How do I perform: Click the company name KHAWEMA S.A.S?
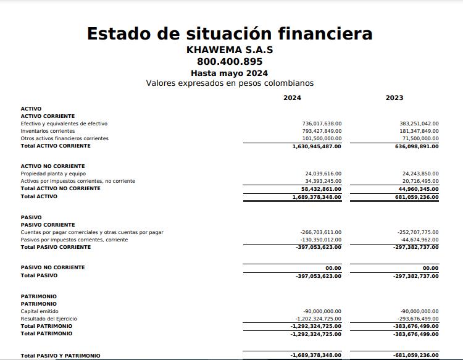[230, 50]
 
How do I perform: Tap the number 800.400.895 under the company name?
[230, 62]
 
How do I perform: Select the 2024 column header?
[292, 98]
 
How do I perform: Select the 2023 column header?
[394, 98]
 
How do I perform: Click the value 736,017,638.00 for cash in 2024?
[322, 123]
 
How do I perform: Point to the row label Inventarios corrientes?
[48, 131]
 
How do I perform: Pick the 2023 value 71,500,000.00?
[419, 138]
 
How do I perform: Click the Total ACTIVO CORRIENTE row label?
[56, 146]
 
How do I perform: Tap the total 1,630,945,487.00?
[317, 146]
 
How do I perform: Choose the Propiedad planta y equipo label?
[53, 174]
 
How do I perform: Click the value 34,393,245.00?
[323, 181]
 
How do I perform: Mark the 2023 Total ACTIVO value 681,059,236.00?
[416, 197]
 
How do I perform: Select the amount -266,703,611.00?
[320, 232]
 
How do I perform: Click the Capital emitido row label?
[40, 311]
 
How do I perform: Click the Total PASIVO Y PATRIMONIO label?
[60, 356]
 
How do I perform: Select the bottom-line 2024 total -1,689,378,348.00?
[315, 356]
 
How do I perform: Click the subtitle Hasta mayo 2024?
[230, 73]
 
